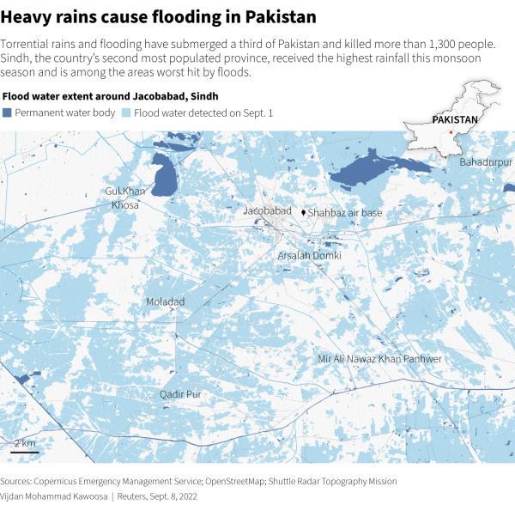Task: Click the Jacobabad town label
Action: tap(267, 210)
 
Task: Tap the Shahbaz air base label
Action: tap(345, 212)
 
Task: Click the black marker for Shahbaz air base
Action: tap(303, 211)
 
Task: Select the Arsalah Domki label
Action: tap(310, 256)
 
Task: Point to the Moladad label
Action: tap(165, 302)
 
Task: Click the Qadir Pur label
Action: tap(180, 394)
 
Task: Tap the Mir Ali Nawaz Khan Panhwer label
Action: tap(379, 358)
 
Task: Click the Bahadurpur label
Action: tap(485, 161)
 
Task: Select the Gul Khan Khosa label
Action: tap(124, 198)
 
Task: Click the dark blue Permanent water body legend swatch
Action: tap(8, 113)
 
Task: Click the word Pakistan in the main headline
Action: tap(280, 16)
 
